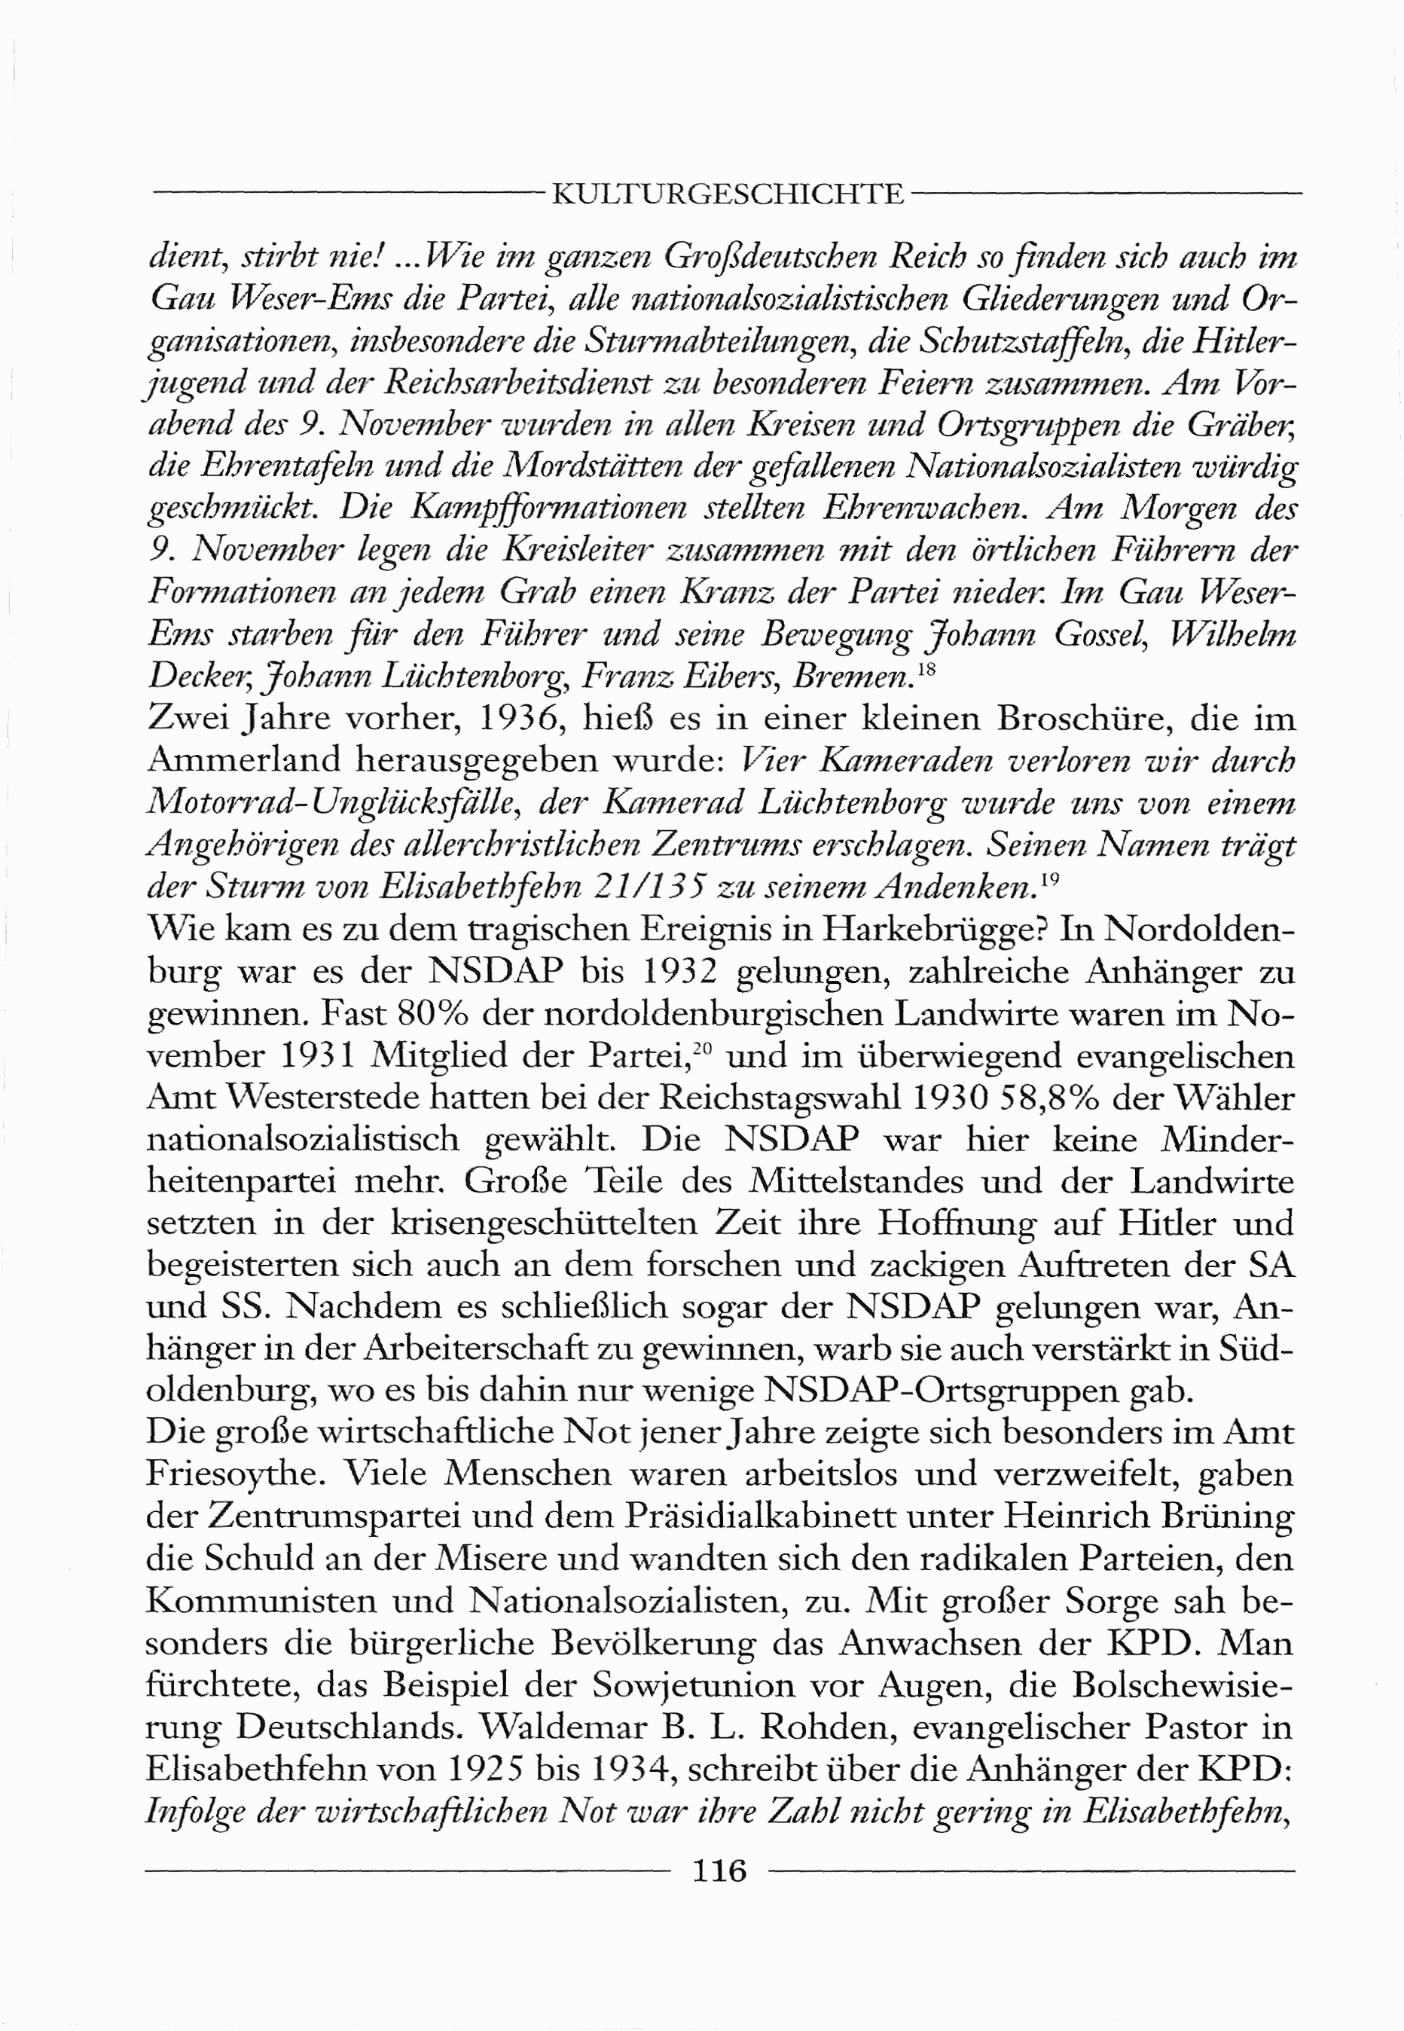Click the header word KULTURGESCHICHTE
(x=728, y=194)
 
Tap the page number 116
(x=719, y=1869)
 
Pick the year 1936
(x=512, y=719)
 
